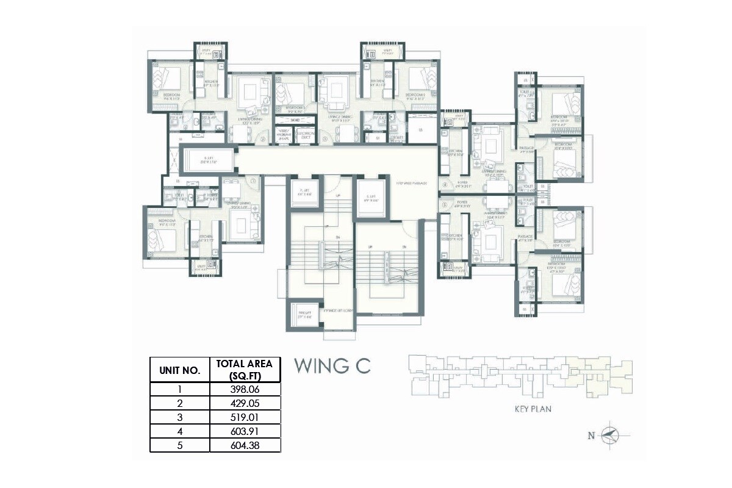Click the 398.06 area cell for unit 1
click(245, 388)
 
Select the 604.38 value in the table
click(245, 446)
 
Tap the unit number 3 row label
click(180, 417)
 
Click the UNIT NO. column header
click(180, 370)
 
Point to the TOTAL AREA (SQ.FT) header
click(245, 370)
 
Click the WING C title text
click(332, 366)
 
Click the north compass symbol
click(609, 435)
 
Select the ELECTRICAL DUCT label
click(306, 135)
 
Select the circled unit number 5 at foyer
click(445, 204)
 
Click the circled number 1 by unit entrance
click(252, 181)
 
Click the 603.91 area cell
click(245, 432)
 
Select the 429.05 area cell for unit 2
click(245, 403)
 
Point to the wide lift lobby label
click(339, 311)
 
